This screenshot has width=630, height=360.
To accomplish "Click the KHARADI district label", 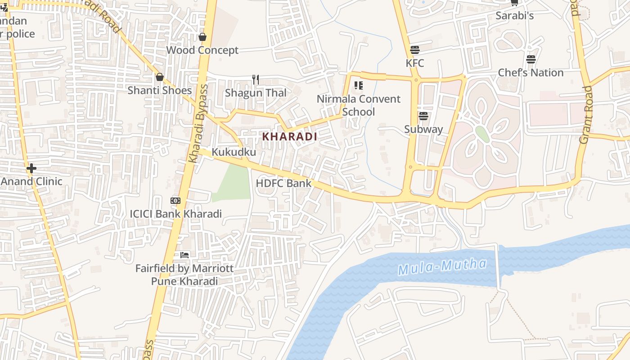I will click(x=289, y=136).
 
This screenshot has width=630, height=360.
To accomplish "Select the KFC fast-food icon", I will click(x=414, y=49).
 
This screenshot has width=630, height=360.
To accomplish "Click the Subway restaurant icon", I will click(x=423, y=116).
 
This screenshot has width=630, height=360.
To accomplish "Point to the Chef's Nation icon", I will click(x=531, y=59).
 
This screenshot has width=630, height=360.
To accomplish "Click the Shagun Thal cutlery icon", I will click(x=256, y=80).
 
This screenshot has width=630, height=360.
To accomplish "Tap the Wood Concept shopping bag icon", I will click(x=202, y=37).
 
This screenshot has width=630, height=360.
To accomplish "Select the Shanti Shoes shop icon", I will click(x=159, y=77).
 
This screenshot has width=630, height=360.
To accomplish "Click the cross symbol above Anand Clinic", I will click(x=31, y=169).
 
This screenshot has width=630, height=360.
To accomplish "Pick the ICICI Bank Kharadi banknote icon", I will click(x=175, y=201).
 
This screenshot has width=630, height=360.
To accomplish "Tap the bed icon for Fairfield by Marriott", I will click(x=184, y=255).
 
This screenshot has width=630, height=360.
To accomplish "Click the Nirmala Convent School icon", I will click(x=359, y=85).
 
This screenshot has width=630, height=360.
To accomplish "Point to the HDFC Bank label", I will click(x=283, y=183).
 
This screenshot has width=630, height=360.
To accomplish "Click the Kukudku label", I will click(x=234, y=152).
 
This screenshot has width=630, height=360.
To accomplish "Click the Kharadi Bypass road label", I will click(x=198, y=123).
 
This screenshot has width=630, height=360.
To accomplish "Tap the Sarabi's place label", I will click(x=514, y=16).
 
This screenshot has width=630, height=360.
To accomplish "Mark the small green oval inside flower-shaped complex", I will click(x=482, y=134).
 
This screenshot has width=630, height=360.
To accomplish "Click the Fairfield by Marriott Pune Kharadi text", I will click(x=184, y=275).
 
